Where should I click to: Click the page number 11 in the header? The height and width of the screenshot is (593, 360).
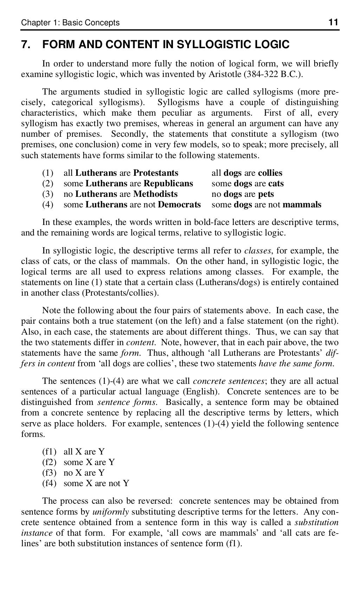(x=333, y=23)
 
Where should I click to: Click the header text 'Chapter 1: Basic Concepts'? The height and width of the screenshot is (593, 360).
(x=70, y=23)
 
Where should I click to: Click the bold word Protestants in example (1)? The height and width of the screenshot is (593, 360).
(x=155, y=173)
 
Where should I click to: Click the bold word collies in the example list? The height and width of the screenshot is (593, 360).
(x=270, y=173)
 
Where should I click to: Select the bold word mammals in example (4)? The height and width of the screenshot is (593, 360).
(x=302, y=205)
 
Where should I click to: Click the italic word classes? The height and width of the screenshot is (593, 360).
(x=257, y=251)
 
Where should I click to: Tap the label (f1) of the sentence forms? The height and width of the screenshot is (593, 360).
(x=49, y=452)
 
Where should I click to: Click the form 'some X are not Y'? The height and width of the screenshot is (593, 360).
(x=96, y=483)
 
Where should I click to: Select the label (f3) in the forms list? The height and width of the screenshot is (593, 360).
(x=49, y=473)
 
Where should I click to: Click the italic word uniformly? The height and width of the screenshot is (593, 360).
(x=110, y=511)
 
